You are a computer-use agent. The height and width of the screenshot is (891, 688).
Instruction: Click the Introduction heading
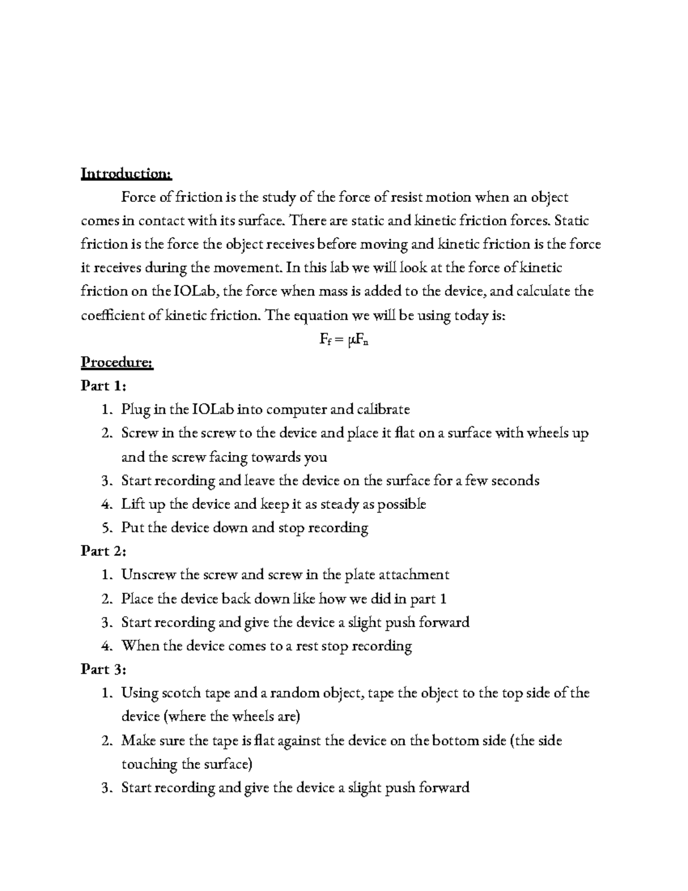(126, 173)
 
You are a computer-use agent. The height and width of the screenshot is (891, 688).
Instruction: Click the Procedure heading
(117, 363)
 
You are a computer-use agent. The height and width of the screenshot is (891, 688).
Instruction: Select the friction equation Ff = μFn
(343, 340)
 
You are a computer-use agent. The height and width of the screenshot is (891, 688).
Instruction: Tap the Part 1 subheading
(103, 386)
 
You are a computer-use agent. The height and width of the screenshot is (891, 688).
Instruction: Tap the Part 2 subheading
(103, 551)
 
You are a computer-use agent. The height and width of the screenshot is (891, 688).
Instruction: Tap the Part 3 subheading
(103, 670)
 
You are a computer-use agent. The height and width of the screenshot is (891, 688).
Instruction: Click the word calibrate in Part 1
(384, 410)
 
